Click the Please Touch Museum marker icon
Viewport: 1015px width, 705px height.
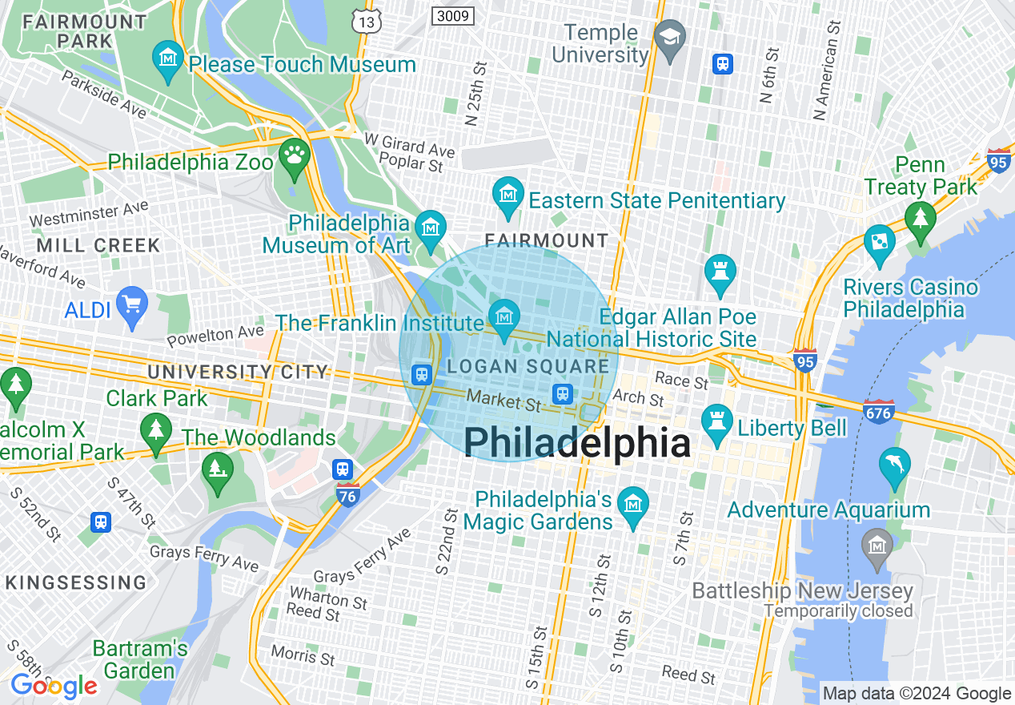168,59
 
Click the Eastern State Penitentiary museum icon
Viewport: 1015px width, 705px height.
508,195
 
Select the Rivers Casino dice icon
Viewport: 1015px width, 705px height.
880,240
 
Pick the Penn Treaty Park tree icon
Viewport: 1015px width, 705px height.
921,218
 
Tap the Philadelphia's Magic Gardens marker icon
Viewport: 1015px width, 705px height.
633,504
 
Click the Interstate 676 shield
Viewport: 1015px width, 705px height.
878,412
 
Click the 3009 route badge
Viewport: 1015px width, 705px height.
453,14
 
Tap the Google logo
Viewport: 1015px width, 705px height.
54,686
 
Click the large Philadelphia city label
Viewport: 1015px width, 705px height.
576,442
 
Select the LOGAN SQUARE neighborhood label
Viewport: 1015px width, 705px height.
528,367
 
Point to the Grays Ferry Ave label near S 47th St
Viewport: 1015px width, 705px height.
204,558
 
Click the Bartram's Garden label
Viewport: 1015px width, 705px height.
140,659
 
